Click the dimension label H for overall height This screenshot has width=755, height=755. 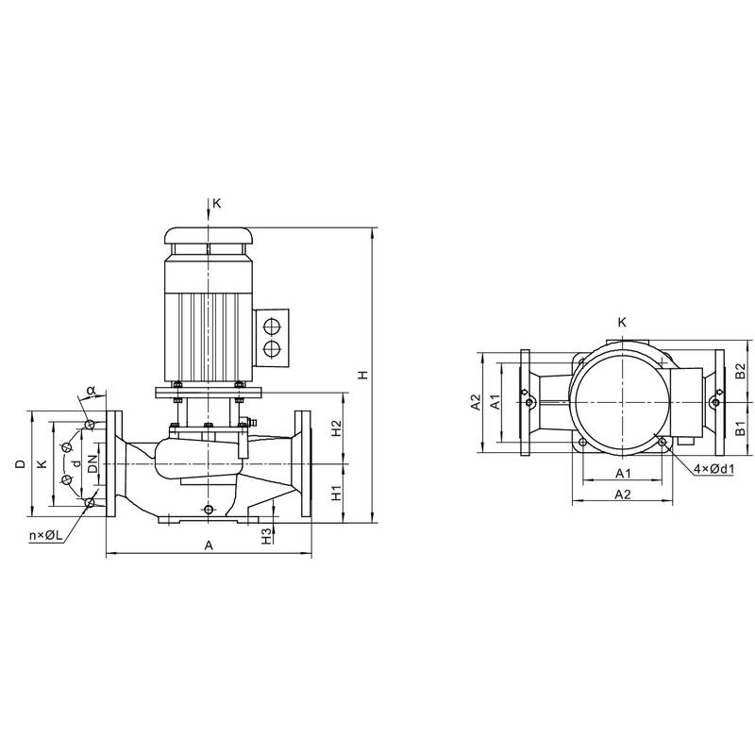pos(363,374)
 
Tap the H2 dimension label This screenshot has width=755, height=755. pos(337,428)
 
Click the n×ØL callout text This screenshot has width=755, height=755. pos(46,535)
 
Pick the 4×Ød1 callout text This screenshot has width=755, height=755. pos(714,468)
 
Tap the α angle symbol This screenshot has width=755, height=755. pos(91,389)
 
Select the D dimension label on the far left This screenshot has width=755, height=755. pos(20,464)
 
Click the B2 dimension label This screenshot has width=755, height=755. pos(741,370)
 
